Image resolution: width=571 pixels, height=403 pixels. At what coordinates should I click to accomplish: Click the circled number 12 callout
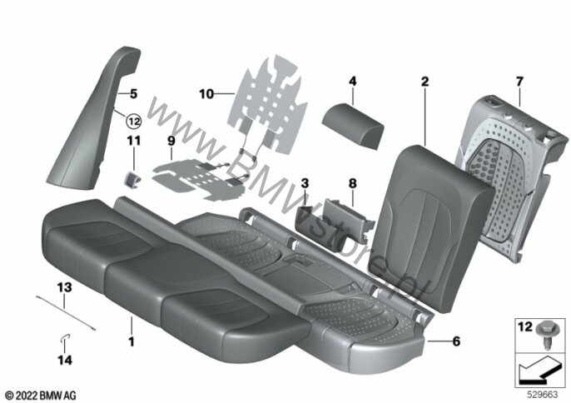click(x=134, y=121)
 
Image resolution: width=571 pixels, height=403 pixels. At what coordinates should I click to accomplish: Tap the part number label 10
click(x=206, y=94)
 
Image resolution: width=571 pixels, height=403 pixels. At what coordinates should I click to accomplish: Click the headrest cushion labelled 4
click(x=353, y=125)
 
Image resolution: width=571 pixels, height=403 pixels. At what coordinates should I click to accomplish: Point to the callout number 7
click(x=519, y=82)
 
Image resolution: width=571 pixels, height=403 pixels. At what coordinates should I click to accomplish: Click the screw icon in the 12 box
click(x=545, y=335)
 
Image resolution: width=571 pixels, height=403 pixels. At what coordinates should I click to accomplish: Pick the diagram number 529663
click(x=543, y=395)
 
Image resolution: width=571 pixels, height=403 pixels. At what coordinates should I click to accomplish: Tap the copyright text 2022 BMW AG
click(x=41, y=396)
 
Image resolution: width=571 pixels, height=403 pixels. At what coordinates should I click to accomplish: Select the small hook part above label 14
click(x=65, y=339)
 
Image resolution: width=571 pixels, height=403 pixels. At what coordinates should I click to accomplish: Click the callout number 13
click(x=64, y=287)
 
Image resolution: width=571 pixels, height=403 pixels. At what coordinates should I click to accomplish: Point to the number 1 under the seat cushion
click(x=132, y=341)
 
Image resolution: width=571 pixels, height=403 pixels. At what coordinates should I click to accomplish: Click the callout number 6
click(x=456, y=341)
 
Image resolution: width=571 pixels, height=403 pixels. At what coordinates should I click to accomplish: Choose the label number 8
click(x=352, y=183)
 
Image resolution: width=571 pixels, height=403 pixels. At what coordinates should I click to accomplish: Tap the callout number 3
click(x=305, y=183)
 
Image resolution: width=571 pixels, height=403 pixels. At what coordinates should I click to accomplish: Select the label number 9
click(x=171, y=141)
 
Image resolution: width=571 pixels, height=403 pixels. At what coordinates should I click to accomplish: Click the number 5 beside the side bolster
click(x=134, y=93)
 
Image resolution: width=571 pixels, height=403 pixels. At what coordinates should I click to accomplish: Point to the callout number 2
click(x=425, y=82)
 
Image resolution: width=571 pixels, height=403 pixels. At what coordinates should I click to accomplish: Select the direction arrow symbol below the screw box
click(x=538, y=371)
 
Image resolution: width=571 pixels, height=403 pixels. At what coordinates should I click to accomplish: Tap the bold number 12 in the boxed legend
click(x=525, y=327)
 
